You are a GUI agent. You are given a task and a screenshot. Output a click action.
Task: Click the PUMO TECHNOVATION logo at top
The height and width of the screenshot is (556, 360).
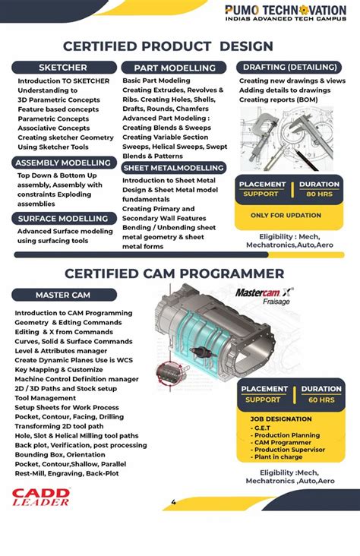pos(285,13)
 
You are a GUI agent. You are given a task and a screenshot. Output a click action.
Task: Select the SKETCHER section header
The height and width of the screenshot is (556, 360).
pos(63,68)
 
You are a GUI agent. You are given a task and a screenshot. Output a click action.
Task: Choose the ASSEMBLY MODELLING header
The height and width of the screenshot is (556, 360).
pos(65,163)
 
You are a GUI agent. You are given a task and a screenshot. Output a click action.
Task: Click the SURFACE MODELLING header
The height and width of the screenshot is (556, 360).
pos(63,218)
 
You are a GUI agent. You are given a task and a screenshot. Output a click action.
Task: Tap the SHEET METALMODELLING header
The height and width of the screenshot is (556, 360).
pos(174,167)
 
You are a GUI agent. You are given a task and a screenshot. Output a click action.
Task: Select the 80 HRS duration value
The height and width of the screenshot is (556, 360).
pos(320,194)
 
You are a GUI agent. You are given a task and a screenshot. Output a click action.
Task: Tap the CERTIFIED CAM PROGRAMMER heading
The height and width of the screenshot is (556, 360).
pos(175,273)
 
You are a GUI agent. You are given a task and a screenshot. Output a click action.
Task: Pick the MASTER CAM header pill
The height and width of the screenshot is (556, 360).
pos(64,295)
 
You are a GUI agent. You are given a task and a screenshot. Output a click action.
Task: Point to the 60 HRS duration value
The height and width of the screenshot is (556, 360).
pos(321,400)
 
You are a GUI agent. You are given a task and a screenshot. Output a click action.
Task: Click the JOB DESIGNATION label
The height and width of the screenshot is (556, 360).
pos(281,419)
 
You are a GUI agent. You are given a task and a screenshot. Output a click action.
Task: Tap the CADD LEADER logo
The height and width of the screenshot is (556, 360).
pos(41,498)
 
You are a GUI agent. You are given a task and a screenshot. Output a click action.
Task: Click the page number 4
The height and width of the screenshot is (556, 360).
pos(173,502)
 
